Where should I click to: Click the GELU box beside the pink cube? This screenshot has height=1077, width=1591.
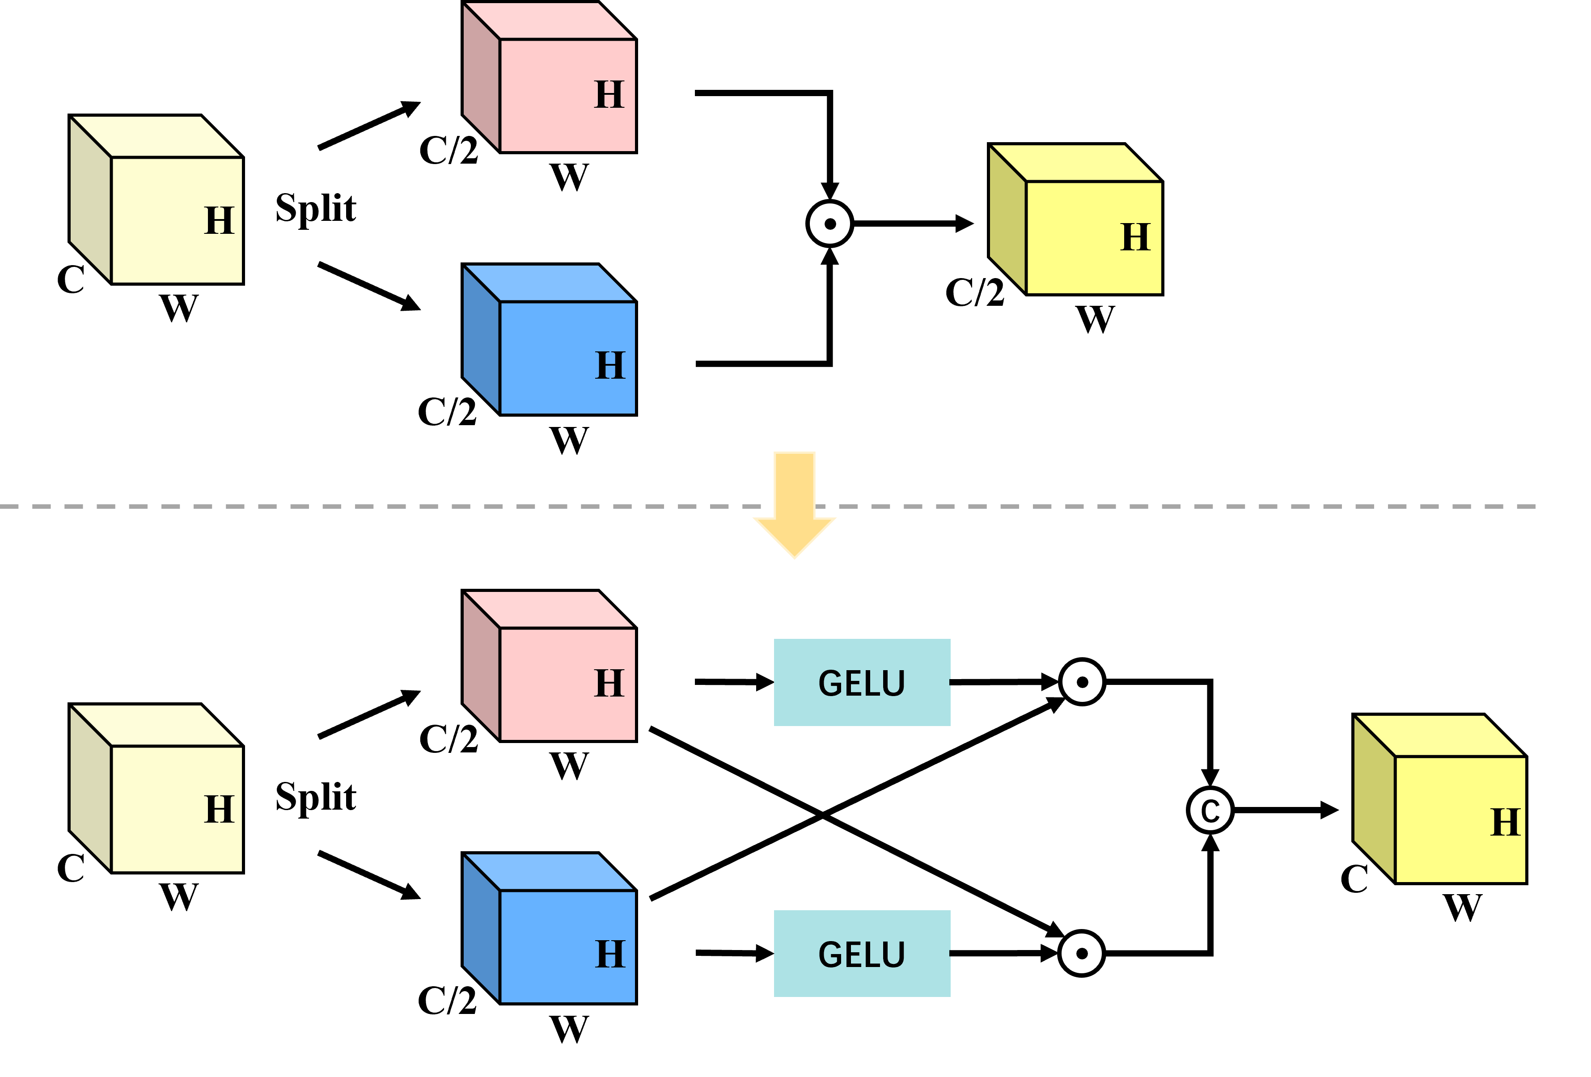coord(861,682)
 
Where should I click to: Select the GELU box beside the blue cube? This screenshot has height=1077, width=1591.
coord(861,953)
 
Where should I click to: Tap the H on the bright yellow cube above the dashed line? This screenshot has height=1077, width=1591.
coord(1135,237)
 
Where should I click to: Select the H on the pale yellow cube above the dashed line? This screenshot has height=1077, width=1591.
coord(219,221)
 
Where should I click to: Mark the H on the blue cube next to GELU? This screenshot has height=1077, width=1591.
coord(610,954)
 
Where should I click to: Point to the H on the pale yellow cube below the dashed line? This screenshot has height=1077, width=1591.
coord(219,810)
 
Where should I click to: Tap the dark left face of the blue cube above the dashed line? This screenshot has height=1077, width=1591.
coord(481,339)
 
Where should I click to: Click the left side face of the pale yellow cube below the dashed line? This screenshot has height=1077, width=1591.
coord(90,787)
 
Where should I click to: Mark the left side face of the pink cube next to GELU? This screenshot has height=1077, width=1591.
coord(481,665)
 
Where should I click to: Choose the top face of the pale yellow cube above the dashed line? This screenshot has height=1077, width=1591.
coord(156,136)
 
